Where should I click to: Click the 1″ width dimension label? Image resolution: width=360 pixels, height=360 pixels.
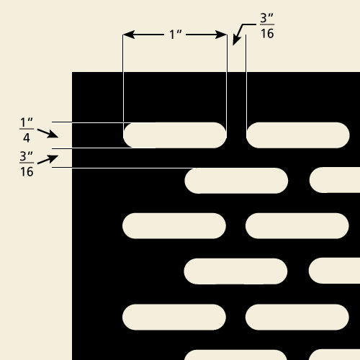click(x=176, y=35)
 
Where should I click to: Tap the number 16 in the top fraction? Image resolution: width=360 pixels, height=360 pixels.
click(x=267, y=33)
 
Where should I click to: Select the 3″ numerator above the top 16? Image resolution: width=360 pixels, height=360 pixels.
click(x=266, y=18)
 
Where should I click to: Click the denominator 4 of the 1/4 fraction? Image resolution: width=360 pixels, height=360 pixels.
click(x=27, y=138)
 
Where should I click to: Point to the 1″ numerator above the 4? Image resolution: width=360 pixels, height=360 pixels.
click(x=27, y=122)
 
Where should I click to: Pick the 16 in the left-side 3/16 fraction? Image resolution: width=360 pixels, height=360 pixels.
click(x=27, y=172)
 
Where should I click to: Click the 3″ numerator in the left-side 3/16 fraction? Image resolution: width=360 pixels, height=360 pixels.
click(x=26, y=156)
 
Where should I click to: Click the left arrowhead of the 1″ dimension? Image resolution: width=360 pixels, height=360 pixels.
click(x=129, y=35)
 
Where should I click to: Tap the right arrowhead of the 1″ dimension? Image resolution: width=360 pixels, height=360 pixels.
click(x=221, y=35)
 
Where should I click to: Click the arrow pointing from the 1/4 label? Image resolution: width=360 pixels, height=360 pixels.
click(x=48, y=133)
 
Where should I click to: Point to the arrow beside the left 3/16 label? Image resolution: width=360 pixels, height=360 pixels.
click(x=48, y=160)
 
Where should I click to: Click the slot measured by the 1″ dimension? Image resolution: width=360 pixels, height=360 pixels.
click(x=175, y=135)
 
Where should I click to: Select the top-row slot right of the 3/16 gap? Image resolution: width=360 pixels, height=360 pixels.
click(x=298, y=135)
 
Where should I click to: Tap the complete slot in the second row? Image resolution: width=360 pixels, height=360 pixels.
click(x=236, y=181)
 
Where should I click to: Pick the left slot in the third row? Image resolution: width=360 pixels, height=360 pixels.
click(x=174, y=226)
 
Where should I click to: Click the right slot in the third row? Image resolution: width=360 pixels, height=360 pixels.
click(x=297, y=226)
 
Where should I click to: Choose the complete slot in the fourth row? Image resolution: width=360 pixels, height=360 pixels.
click(x=235, y=271)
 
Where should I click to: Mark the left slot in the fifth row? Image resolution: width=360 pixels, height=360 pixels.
click(x=174, y=317)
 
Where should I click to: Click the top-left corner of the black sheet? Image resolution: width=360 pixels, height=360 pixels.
click(x=72, y=72)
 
